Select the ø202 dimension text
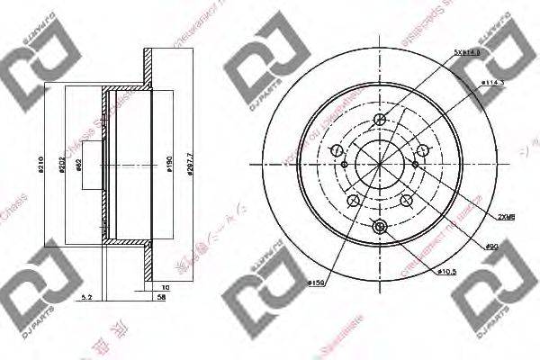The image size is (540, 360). point(64,165)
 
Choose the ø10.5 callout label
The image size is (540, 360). point(447,271)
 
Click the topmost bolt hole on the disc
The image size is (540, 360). point(379,120)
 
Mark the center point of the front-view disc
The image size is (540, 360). point(379,165)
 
